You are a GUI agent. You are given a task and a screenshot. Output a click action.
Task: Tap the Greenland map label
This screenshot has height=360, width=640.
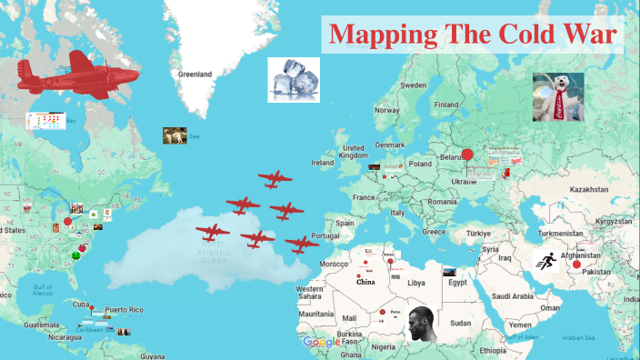195,74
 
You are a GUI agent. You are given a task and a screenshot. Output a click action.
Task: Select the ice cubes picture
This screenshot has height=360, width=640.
293,79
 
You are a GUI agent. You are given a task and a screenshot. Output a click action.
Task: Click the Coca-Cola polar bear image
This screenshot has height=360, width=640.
558,96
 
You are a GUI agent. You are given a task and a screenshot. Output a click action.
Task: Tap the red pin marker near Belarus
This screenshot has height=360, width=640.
467,155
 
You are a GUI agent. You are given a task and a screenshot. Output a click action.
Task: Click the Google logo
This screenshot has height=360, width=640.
321,342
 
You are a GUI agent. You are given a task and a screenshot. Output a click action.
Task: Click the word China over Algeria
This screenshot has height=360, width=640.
365,282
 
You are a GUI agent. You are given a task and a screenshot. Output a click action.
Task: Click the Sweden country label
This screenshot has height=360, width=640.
414,85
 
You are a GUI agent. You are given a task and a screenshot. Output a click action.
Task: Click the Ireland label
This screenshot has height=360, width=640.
323,163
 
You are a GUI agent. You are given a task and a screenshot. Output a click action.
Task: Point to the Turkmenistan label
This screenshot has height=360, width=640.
558,234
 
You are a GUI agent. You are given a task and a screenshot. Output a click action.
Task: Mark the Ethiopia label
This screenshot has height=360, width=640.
494,350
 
